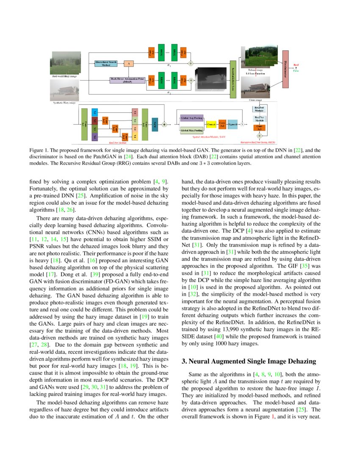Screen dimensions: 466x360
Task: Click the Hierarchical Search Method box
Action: tap(106, 64)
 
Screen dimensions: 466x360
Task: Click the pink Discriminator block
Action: tap(285, 69)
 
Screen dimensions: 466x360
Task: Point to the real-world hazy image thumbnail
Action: tap(65, 63)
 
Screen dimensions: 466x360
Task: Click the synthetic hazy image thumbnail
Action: tap(64, 90)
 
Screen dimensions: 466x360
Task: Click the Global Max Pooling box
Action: tap(192, 131)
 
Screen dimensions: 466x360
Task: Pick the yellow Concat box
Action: tap(211, 124)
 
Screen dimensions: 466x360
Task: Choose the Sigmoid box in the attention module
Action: tap(232, 124)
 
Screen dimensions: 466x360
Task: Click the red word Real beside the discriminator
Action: tap(296, 64)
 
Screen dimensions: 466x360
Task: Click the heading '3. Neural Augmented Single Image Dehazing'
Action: tap(249, 361)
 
